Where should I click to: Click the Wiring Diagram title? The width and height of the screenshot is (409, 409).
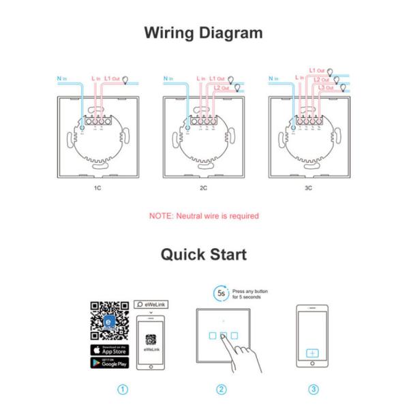pyautogui.click(x=204, y=32)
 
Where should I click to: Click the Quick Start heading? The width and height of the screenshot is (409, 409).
pyautogui.click(x=204, y=254)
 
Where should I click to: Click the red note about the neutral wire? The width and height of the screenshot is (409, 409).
pyautogui.click(x=204, y=216)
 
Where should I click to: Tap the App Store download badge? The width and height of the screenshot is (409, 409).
pyautogui.click(x=110, y=350)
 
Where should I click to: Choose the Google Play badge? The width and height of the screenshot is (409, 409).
pyautogui.click(x=110, y=363)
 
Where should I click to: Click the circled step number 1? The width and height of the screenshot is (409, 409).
pyautogui.click(x=123, y=390)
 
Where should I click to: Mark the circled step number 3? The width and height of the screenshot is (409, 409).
pyautogui.click(x=314, y=390)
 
